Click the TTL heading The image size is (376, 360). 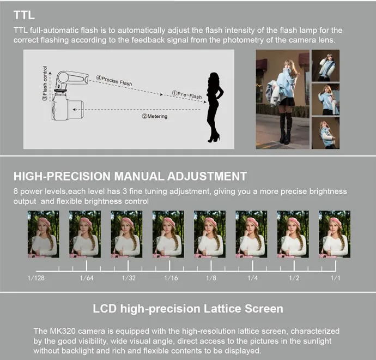click(x=24, y=15)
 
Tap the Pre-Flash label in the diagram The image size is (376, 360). click(x=187, y=95)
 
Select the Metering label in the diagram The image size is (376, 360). click(x=155, y=116)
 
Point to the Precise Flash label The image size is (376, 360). click(x=114, y=81)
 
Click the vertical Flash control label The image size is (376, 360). click(x=45, y=83)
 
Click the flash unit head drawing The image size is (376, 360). click(x=71, y=79)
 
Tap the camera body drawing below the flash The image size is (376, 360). click(x=68, y=106)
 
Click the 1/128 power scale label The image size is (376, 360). click(x=36, y=278)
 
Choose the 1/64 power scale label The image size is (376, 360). click(x=87, y=278)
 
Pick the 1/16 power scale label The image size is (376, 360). click(x=171, y=278)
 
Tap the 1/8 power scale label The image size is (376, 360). click(x=211, y=278)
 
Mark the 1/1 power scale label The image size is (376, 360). click(x=336, y=278)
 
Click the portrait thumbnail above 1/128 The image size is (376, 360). click(x=44, y=234)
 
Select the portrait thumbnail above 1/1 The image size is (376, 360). click(x=335, y=234)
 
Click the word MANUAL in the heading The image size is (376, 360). click(x=139, y=176)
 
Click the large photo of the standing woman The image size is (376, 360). click(x=282, y=99)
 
